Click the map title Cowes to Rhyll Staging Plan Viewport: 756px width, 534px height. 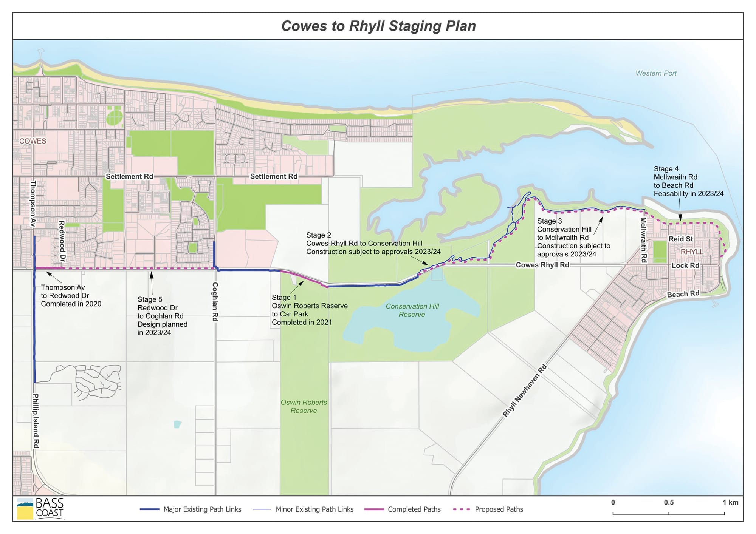(378, 26)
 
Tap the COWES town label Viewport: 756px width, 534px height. (33, 141)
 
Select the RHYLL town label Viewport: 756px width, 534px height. (692, 252)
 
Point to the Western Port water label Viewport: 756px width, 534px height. (656, 73)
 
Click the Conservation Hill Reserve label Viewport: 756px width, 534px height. (412, 310)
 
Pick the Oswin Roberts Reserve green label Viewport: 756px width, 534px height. (304, 406)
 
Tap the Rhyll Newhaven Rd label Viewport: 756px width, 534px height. (524, 390)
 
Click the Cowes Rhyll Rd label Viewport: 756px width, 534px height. (542, 265)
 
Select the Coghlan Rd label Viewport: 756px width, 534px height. (215, 302)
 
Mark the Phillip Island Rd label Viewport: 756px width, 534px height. (36, 421)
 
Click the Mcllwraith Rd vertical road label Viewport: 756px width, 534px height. (643, 240)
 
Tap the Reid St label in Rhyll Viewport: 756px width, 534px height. (680, 239)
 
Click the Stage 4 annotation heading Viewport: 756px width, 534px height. (666, 169)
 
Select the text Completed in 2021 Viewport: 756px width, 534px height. (302, 322)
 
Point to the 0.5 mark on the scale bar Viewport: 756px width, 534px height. (669, 503)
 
